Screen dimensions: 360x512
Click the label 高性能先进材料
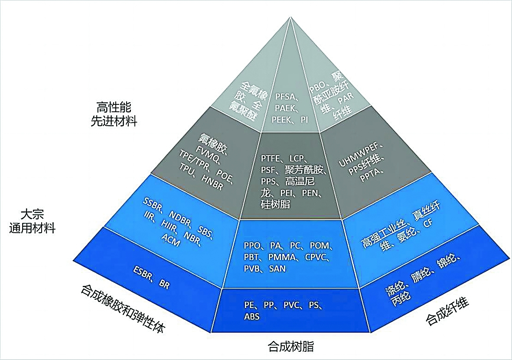[114, 114]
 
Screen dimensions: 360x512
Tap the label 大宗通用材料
[32, 221]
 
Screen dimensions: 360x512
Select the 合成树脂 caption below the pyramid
[291, 347]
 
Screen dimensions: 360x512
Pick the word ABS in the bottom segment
[252, 317]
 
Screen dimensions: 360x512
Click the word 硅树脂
[276, 204]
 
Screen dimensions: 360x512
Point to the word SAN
[277, 269]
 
